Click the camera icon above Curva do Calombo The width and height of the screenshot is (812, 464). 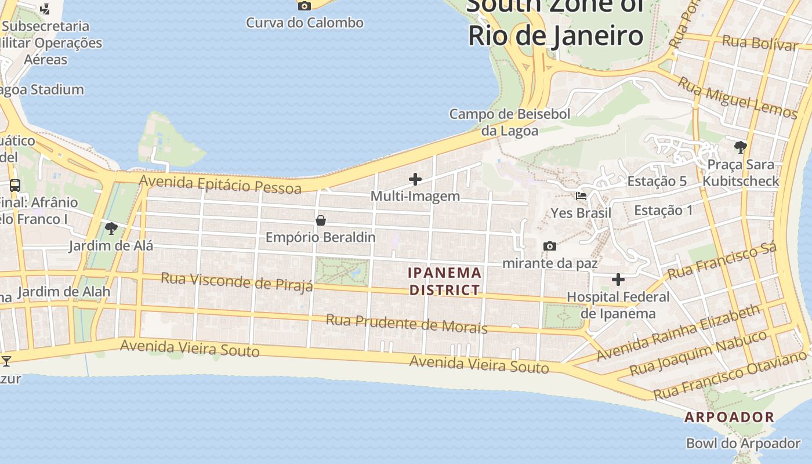304,6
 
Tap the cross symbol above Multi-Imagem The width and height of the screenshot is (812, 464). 415,179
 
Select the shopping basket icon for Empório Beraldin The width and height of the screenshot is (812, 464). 321,220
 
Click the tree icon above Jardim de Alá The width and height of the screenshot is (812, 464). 111,229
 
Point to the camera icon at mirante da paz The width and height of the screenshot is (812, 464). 550,246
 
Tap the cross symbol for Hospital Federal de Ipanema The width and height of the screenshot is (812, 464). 618,280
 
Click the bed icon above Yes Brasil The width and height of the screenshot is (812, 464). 581,196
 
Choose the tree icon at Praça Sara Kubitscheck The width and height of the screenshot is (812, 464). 740,147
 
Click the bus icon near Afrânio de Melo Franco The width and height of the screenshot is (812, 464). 15,186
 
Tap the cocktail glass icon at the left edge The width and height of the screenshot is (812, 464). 6,361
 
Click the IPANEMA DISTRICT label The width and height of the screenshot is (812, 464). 445,281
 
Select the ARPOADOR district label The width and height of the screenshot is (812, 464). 729,417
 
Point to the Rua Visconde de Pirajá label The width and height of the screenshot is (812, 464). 237,281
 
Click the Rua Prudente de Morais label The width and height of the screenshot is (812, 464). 406,324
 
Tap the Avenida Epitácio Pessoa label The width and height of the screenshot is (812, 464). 220,185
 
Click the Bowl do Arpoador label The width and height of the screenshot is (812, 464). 743,444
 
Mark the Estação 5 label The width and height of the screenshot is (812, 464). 657,181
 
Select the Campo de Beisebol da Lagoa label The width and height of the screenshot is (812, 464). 510,122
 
